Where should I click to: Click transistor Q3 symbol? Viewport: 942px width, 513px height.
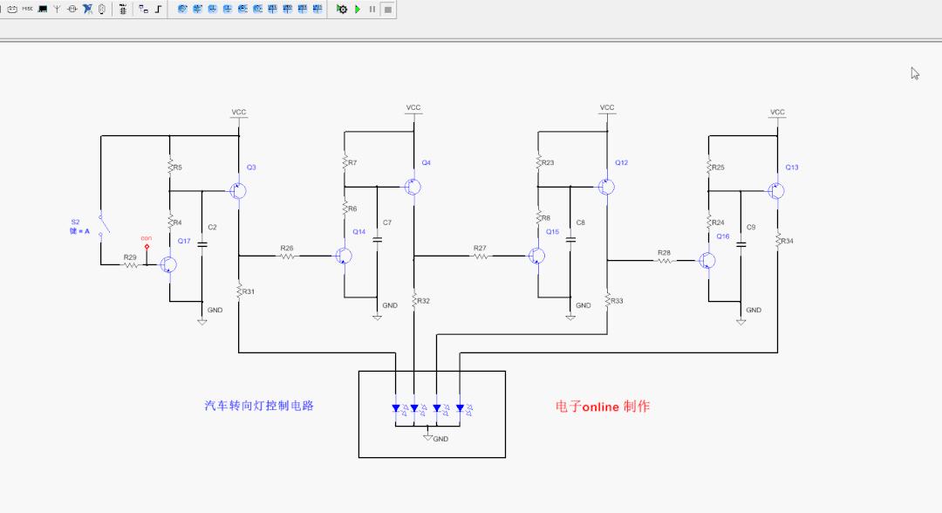click(x=237, y=190)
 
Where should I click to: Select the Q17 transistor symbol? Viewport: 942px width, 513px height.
click(x=169, y=264)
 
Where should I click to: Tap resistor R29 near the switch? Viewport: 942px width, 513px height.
click(x=131, y=264)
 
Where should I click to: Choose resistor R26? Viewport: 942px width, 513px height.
click(x=288, y=256)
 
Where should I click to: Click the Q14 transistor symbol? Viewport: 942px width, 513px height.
click(x=345, y=256)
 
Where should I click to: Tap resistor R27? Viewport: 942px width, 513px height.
click(x=481, y=256)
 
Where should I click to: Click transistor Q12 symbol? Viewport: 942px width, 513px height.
click(x=606, y=187)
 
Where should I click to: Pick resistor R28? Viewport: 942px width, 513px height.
click(x=665, y=260)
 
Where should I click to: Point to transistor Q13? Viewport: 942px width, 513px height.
click(x=775, y=190)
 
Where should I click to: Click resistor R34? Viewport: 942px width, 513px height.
click(x=778, y=241)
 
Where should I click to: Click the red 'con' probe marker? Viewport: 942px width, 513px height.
click(x=147, y=246)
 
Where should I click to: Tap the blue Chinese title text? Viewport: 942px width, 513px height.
click(x=259, y=406)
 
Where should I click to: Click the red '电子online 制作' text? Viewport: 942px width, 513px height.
click(x=602, y=406)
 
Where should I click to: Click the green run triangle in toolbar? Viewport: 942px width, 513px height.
click(x=358, y=9)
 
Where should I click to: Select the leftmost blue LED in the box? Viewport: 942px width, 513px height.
click(x=396, y=407)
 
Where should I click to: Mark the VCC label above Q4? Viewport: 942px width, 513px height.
click(x=413, y=107)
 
